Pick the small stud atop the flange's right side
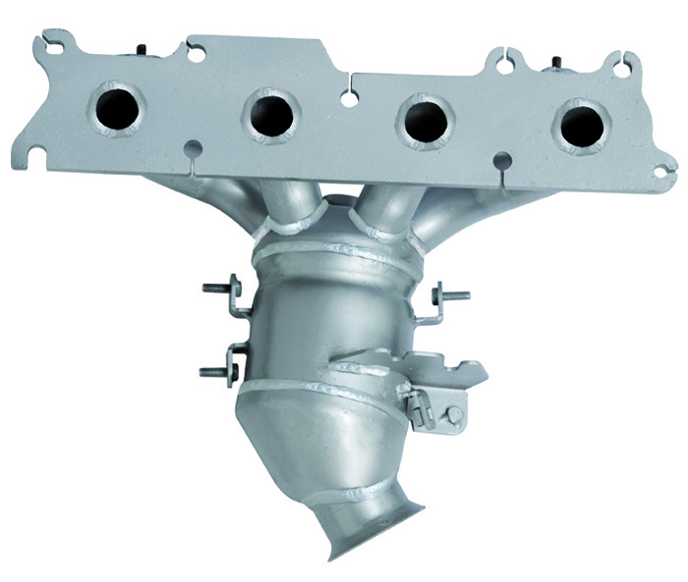[x=556, y=64]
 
